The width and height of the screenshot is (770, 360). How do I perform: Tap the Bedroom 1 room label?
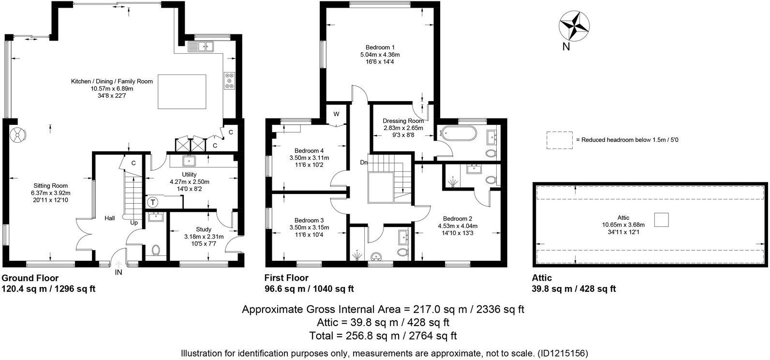[378, 47]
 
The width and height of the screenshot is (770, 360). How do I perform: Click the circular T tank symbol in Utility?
[152, 202]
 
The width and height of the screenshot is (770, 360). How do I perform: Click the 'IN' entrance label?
[118, 273]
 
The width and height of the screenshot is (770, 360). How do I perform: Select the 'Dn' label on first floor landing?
[364, 163]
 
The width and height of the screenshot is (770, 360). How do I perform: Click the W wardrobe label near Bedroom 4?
[337, 114]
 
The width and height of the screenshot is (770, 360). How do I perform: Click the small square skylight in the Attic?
[661, 220]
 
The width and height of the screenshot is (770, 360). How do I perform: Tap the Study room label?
[204, 229]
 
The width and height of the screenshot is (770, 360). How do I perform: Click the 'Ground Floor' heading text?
[30, 278]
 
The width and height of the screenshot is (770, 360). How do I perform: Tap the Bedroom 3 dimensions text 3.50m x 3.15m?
[309, 227]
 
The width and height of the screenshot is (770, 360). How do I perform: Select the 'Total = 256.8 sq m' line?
[383, 335]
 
